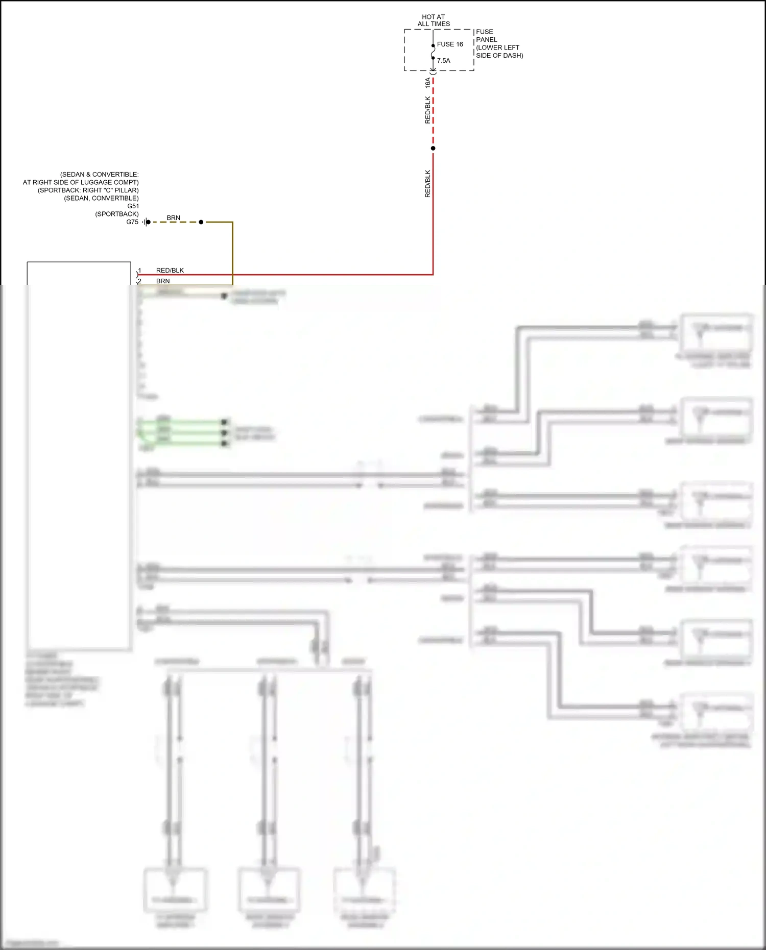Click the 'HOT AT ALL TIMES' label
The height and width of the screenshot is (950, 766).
coord(434,20)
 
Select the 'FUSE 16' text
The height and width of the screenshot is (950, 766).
coord(450,44)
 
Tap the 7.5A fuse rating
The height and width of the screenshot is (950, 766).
coord(443,61)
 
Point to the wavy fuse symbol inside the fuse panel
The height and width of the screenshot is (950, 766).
coord(433,52)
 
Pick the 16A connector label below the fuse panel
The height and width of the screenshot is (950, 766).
coord(428,83)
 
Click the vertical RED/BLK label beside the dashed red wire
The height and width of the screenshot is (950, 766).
coord(428,110)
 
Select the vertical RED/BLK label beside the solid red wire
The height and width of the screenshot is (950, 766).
coord(428,184)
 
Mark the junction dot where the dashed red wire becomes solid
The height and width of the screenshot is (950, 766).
coord(433,149)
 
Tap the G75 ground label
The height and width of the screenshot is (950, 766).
coord(132,222)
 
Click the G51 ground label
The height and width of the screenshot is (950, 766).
coord(133,206)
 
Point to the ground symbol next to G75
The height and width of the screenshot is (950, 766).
coord(146,222)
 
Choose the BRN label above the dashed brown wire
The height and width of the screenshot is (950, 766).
coord(173,218)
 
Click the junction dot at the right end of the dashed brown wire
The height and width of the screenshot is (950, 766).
coord(201,222)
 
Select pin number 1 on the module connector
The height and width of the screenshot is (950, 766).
coord(139,271)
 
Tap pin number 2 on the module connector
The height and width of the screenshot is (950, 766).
coord(139,281)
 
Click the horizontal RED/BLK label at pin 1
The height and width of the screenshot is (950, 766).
coord(170,271)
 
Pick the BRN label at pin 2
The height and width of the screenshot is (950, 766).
coord(163,281)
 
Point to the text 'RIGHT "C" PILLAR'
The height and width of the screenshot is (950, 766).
coord(110,190)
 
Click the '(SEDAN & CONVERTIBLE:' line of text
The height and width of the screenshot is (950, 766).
coord(99,175)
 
